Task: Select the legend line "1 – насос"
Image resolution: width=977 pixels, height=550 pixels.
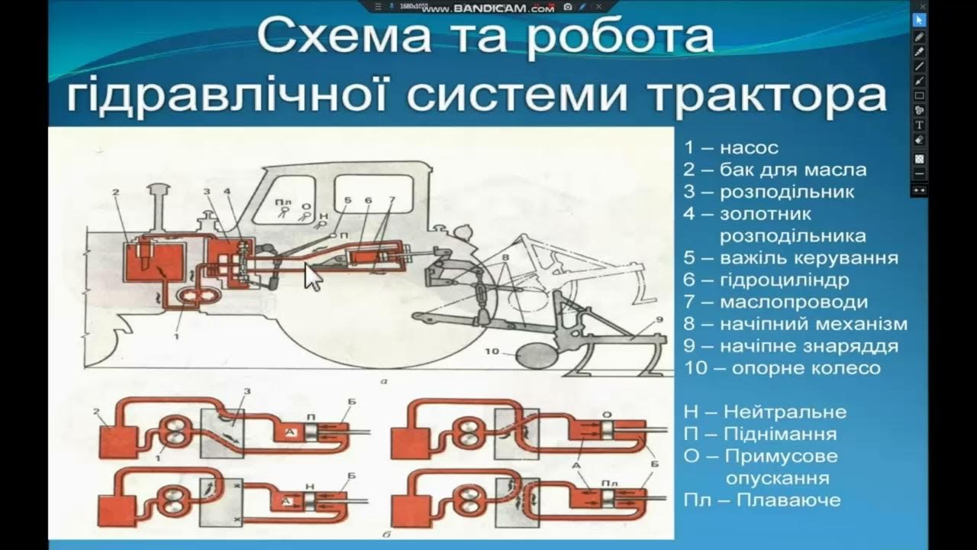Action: [x=730, y=147]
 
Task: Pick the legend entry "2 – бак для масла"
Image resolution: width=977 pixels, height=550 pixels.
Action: [x=775, y=170]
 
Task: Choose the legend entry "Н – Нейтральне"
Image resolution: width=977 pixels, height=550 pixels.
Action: [x=765, y=412]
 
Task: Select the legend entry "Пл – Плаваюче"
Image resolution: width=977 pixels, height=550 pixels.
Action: [x=762, y=500]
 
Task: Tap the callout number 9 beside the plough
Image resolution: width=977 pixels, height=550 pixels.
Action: [x=659, y=320]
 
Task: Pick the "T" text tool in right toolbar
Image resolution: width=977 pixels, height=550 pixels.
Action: [x=920, y=125]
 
